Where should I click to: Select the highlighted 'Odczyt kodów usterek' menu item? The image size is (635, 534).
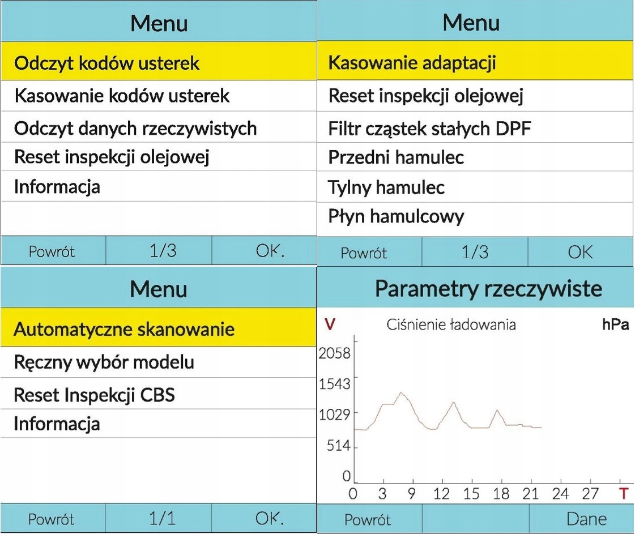[106, 63]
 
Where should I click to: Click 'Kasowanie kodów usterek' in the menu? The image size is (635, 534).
[122, 96]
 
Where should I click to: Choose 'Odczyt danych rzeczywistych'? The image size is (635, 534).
[135, 128]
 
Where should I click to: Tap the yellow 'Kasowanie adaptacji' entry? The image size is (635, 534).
[412, 62]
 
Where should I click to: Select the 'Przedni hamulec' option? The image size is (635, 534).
[396, 157]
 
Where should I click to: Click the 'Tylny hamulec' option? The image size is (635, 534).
[386, 187]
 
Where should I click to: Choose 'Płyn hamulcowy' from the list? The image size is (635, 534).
[396, 216]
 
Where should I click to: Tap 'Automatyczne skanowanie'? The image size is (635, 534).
[123, 329]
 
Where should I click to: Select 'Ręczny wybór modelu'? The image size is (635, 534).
[104, 362]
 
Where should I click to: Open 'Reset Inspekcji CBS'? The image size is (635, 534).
[94, 394]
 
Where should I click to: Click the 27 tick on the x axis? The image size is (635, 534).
[590, 494]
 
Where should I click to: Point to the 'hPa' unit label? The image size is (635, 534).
[615, 326]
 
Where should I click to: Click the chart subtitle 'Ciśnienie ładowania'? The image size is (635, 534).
[451, 325]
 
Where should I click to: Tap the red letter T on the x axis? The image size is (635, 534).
[624, 494]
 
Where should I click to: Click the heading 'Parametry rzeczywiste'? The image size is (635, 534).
[488, 289]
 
